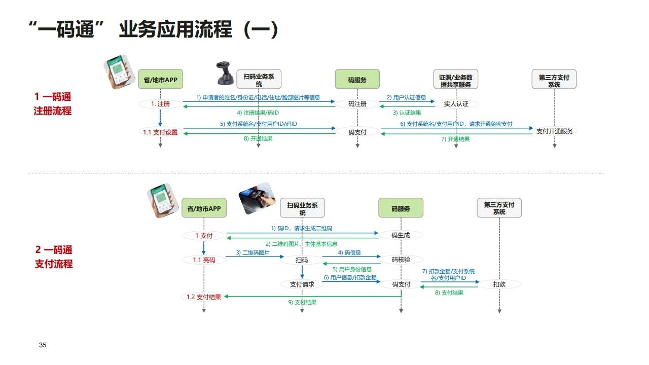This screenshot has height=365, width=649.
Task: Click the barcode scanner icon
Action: (x=223, y=73)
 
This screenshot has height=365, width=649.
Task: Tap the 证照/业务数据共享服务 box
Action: (x=455, y=79)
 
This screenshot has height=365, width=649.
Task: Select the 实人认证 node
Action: (x=456, y=104)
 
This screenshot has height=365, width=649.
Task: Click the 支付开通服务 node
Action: (x=555, y=131)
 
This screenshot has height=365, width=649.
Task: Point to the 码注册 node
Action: (x=357, y=104)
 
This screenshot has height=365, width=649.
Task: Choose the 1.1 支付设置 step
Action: (x=160, y=132)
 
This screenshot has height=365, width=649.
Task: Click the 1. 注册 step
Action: (x=160, y=104)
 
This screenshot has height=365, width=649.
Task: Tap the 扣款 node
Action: (x=499, y=284)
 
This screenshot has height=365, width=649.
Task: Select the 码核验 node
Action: (x=401, y=260)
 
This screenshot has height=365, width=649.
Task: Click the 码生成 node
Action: (x=401, y=235)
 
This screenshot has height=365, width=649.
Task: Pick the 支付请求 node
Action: (x=302, y=284)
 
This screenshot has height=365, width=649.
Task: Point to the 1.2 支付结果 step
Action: (x=203, y=297)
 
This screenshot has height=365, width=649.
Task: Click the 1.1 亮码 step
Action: (x=204, y=260)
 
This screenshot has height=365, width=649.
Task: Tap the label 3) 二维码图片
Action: (x=253, y=252)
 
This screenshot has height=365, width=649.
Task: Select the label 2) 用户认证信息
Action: (x=406, y=97)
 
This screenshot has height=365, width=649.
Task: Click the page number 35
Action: (x=43, y=345)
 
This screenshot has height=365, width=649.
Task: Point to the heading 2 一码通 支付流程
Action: (x=54, y=257)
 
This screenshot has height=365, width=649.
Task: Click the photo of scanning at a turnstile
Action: (x=257, y=198)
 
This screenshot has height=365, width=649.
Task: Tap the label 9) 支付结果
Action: (x=302, y=302)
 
